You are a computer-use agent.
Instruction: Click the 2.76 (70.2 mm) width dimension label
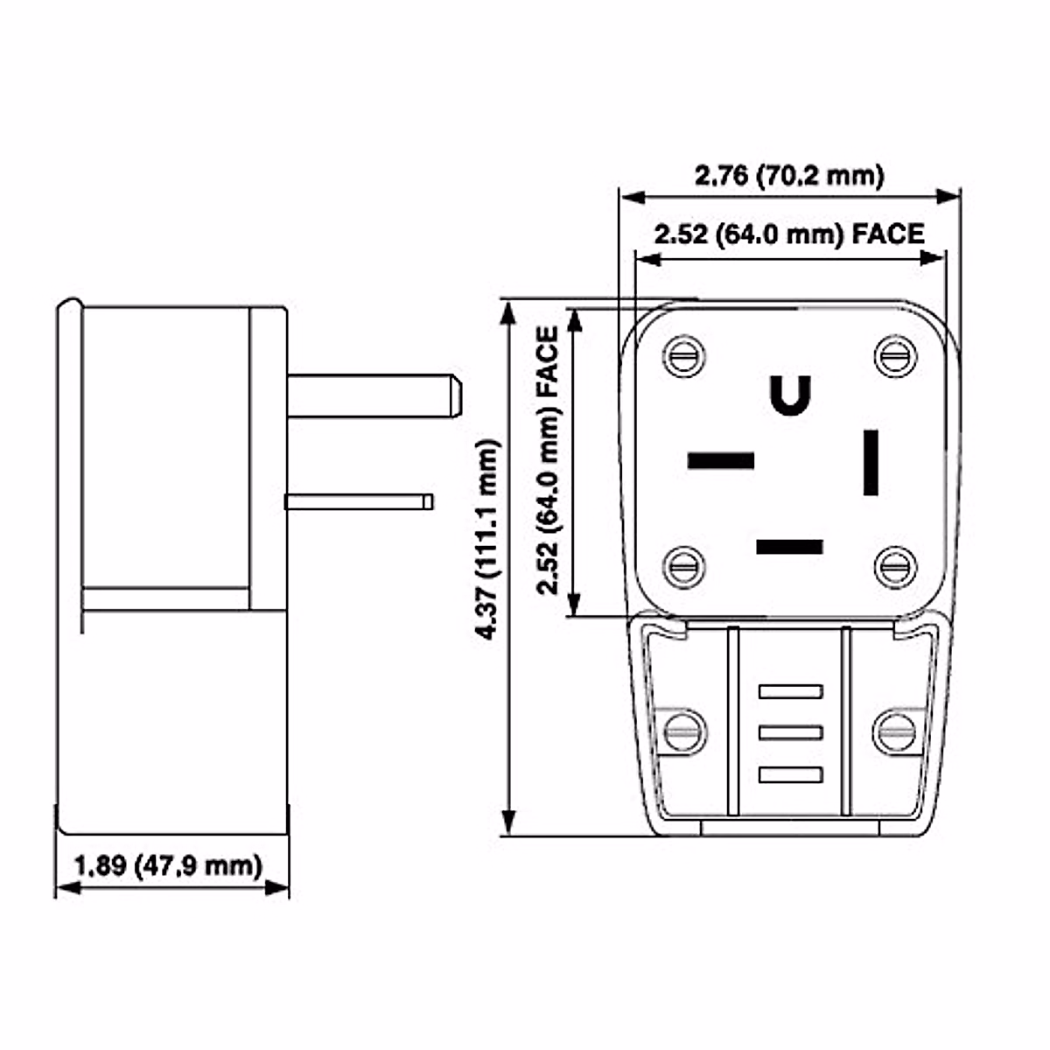click(789, 176)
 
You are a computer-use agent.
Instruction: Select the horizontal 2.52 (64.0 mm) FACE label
click(789, 234)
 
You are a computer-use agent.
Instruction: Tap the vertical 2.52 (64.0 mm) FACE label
click(548, 460)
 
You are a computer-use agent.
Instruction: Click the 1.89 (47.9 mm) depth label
click(168, 866)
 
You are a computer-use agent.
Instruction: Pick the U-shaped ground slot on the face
click(790, 395)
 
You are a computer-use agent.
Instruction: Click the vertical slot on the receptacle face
click(871, 462)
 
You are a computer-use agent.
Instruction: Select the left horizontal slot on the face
click(721, 460)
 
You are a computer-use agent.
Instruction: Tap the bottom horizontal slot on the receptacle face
click(789, 548)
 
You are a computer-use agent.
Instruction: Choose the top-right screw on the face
click(896, 357)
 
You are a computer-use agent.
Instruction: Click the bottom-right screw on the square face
click(896, 567)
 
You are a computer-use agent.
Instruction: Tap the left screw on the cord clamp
click(683, 731)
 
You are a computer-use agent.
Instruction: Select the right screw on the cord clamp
click(896, 731)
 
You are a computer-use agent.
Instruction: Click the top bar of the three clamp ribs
click(791, 691)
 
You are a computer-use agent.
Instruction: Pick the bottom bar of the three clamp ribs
click(791, 774)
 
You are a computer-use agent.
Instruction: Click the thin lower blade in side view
click(359, 501)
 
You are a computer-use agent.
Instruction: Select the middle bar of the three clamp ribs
click(791, 732)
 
